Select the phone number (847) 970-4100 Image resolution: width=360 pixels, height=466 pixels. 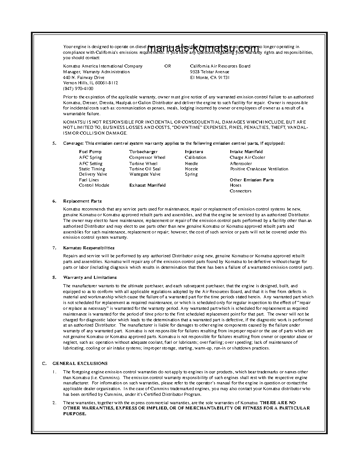click(78, 88)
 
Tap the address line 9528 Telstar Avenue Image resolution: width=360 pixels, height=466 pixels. click(210, 71)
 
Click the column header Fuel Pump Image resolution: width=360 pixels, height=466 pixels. click(90, 152)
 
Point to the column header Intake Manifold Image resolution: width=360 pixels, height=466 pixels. click(246, 152)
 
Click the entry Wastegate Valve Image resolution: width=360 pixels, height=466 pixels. click(145, 174)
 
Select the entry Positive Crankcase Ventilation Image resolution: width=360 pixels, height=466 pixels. click(259, 169)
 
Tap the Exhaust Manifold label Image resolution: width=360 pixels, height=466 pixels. click(147, 185)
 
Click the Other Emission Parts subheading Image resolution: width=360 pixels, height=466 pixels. click(251, 180)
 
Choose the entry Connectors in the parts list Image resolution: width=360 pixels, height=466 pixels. click(240, 191)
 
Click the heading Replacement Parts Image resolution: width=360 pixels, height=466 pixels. click(82, 201)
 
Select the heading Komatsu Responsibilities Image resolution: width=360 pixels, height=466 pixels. click(89, 248)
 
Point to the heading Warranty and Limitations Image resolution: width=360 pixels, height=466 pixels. click(90, 278)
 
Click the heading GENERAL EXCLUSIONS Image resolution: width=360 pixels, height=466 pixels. click(80, 364)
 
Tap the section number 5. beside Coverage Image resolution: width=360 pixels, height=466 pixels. click(54, 143)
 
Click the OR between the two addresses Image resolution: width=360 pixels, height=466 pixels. click(168, 66)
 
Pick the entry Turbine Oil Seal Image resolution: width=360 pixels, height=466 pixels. click(145, 169)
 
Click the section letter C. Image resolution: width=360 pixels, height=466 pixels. click(44, 364)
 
